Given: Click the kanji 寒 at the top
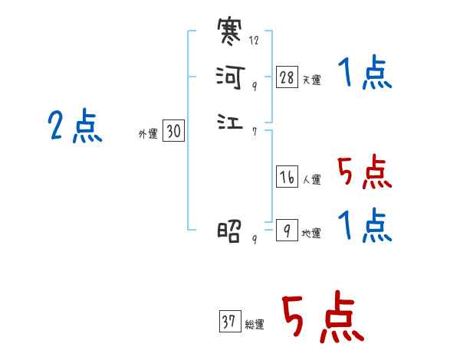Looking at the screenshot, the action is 230,34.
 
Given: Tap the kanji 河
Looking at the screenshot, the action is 230,77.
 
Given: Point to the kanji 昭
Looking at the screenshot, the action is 230,230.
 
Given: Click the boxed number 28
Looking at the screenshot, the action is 287,77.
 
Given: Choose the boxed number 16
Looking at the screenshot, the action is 287,177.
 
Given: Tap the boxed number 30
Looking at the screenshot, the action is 173,132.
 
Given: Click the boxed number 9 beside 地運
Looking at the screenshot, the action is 286,230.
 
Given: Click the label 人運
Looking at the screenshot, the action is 311,181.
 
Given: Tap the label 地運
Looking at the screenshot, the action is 311,234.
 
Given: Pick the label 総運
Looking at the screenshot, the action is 255,325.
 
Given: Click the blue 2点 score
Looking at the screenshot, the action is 74,126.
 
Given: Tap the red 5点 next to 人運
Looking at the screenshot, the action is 364,172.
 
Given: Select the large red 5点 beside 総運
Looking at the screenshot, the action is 321,318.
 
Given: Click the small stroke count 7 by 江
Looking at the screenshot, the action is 254,131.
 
